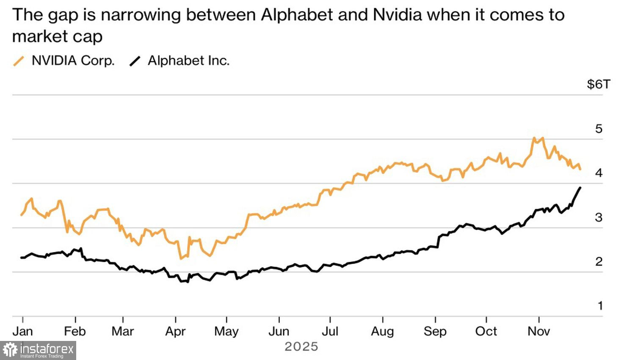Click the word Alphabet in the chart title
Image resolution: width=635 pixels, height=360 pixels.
[x=297, y=15]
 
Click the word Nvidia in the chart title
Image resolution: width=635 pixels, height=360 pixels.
[x=398, y=15]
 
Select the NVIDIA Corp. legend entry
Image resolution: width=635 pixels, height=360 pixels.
[x=73, y=61]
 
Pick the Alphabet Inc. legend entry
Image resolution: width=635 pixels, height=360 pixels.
[x=188, y=61]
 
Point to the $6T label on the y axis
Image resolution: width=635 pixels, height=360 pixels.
[x=598, y=84]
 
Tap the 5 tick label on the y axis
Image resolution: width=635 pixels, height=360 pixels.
[x=599, y=129]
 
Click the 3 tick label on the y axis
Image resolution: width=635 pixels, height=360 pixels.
[x=599, y=217]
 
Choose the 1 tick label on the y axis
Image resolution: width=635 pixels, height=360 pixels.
[x=600, y=305]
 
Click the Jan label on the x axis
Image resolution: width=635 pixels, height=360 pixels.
[x=22, y=331]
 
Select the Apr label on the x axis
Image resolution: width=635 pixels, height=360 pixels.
[x=175, y=331]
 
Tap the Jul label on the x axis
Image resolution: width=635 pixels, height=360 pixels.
[x=330, y=331]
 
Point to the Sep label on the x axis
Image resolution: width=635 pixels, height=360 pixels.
[x=435, y=331]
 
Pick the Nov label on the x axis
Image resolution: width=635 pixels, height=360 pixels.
[x=538, y=331]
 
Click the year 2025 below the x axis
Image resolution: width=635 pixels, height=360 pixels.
[x=301, y=347]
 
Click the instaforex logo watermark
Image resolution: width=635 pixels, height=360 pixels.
[x=38, y=350]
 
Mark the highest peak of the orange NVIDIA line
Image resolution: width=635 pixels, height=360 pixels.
[x=533, y=138]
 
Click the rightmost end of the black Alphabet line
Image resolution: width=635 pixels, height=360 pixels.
[x=580, y=187]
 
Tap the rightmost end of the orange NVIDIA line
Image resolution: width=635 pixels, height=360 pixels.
[x=580, y=169]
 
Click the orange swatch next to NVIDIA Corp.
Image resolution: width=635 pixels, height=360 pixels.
[x=19, y=61]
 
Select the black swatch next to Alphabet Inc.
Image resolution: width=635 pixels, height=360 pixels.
[x=135, y=61]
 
